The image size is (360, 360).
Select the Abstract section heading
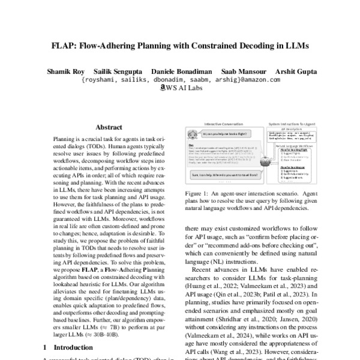pyautogui.click(x=109, y=127)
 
